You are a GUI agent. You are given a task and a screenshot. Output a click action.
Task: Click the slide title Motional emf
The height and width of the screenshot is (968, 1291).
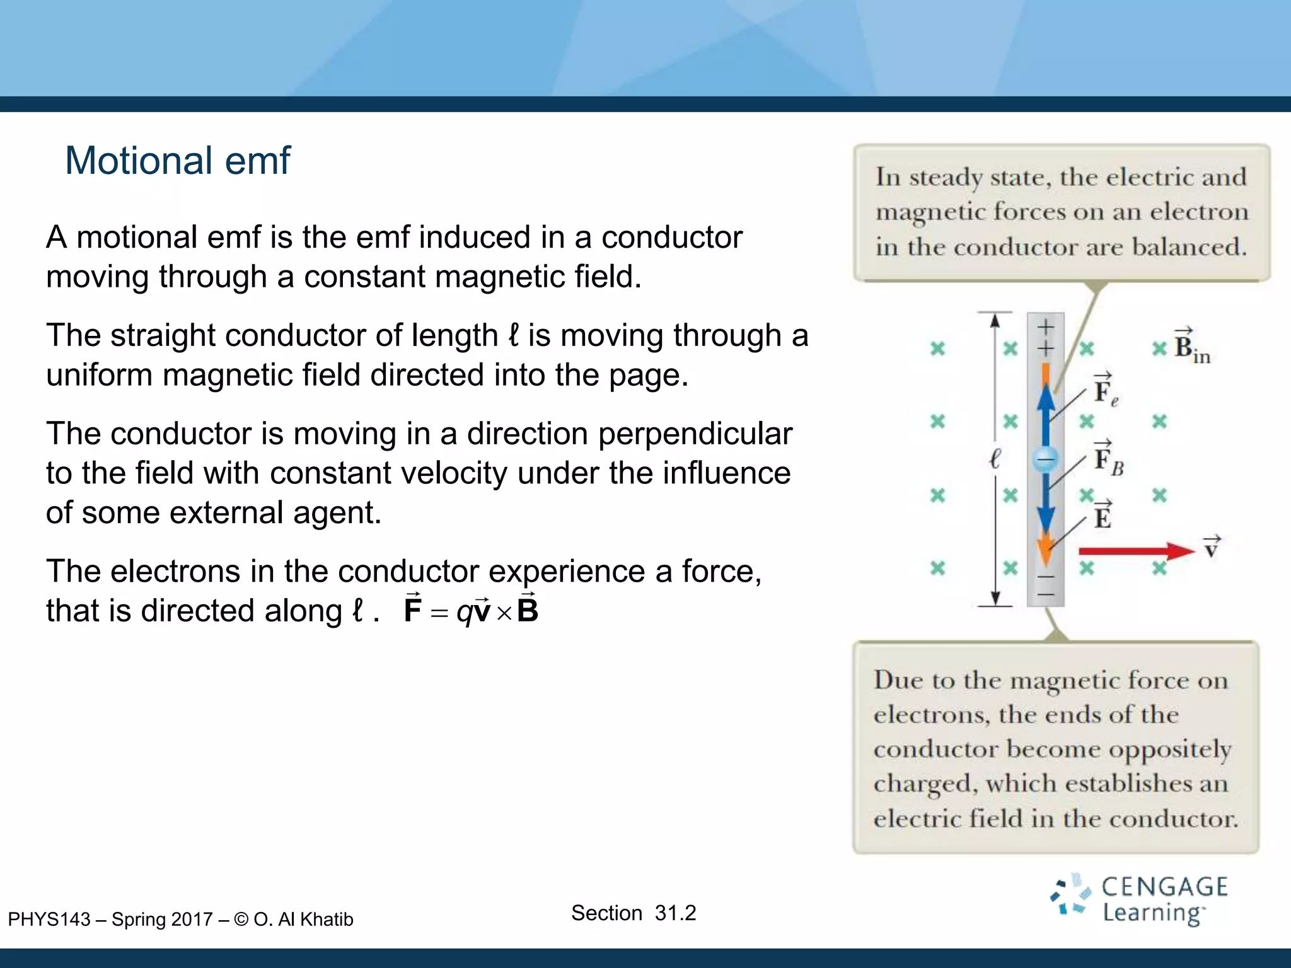177,160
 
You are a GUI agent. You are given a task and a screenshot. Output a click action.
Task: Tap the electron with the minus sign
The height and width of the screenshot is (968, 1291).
1045,459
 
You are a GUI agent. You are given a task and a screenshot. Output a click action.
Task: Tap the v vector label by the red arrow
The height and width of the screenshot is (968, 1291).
1212,548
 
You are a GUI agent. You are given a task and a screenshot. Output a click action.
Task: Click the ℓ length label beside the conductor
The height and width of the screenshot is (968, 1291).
995,459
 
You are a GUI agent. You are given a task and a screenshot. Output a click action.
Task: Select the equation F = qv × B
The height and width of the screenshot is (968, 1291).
471,610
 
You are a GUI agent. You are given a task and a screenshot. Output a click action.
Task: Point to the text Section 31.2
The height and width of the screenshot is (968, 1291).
633,913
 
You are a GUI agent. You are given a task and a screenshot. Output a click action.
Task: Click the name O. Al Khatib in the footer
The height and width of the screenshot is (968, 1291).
303,919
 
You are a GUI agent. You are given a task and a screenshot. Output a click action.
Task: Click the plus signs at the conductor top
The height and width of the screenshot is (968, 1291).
1046,337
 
